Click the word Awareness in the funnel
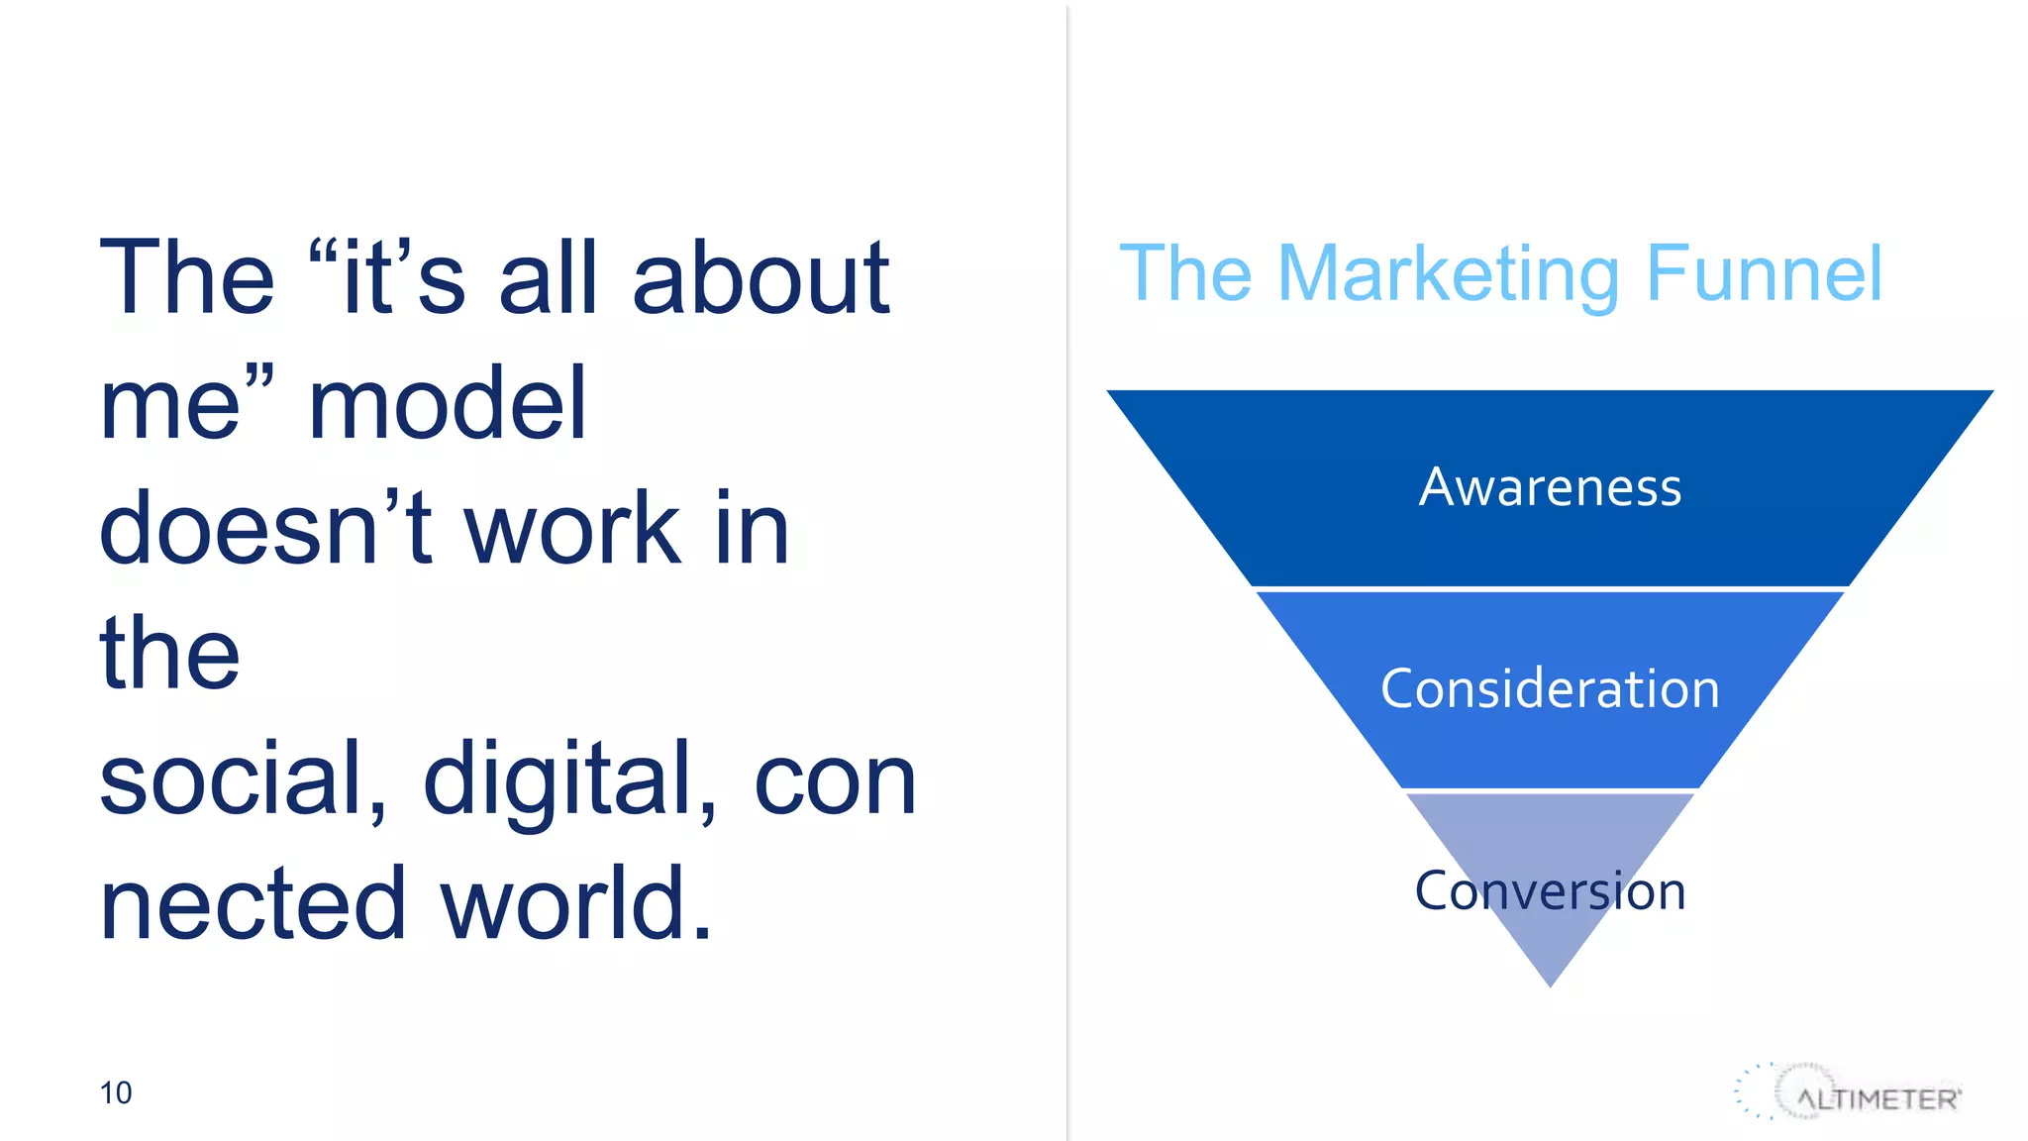tap(1550, 487)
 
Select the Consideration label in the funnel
tap(1550, 688)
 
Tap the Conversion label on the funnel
tap(1550, 890)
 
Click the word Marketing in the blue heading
tap(1449, 274)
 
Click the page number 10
tap(116, 1092)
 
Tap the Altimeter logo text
tap(1877, 1099)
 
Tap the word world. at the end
tap(576, 903)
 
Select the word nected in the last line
tap(253, 903)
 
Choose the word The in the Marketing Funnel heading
tap(1184, 274)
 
